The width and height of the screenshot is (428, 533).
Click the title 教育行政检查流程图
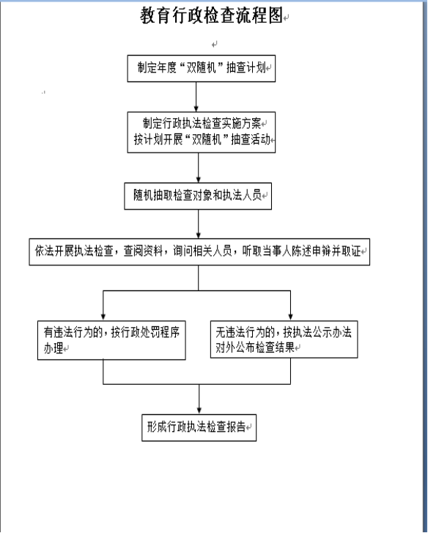pyautogui.click(x=212, y=15)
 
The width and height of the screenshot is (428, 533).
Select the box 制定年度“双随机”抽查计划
pyautogui.click(x=201, y=68)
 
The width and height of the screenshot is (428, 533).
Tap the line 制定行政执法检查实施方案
pyautogui.click(x=202, y=123)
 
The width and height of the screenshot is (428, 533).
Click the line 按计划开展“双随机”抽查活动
pyautogui.click(x=202, y=139)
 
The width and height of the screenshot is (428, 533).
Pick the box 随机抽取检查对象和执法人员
pyautogui.click(x=198, y=196)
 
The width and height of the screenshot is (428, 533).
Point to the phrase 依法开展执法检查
pyautogui.click(x=74, y=251)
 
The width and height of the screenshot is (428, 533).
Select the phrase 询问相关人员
pyautogui.click(x=202, y=251)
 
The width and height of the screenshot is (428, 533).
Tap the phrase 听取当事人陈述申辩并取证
pyautogui.click(x=301, y=251)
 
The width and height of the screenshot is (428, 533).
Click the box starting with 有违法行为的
pyautogui.click(x=111, y=340)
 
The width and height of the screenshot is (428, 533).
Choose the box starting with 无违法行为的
pyautogui.click(x=284, y=339)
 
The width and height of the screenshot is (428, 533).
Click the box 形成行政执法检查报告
pyautogui.click(x=199, y=427)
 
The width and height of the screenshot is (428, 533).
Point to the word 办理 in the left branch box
pyautogui.click(x=53, y=348)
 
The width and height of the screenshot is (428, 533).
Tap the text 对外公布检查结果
pyautogui.click(x=255, y=348)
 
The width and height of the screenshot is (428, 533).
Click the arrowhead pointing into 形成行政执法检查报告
pyautogui.click(x=199, y=411)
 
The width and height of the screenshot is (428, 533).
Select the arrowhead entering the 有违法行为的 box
pyautogui.click(x=103, y=317)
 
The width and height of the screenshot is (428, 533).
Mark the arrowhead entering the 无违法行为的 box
pyautogui.click(x=290, y=317)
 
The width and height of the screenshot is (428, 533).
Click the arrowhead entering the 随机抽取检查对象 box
pyautogui.click(x=199, y=179)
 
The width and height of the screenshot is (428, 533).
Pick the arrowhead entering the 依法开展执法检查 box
pyautogui.click(x=199, y=235)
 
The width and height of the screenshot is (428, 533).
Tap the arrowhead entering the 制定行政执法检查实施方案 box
pyautogui.click(x=196, y=108)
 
